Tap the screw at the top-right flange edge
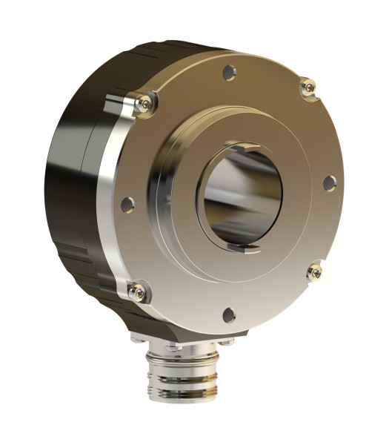[310, 88]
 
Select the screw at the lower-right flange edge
[315, 272]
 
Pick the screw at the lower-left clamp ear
[137, 293]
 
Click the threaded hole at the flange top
[230, 72]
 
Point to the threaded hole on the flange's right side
[330, 182]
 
